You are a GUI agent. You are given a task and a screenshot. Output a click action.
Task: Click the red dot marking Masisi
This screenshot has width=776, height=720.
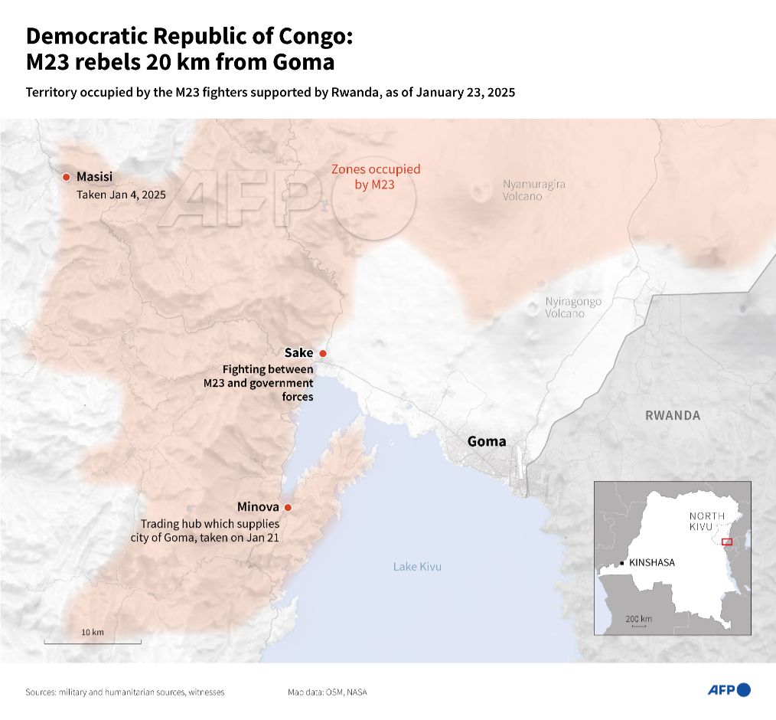(67, 177)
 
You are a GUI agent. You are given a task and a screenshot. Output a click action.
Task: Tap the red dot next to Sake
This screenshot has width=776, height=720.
(323, 353)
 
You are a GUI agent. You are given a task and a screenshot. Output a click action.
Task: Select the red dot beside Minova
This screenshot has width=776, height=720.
(288, 507)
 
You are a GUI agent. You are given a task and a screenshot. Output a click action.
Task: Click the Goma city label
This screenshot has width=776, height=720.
(486, 441)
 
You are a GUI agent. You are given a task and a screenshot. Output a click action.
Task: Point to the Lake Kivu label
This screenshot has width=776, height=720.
(417, 567)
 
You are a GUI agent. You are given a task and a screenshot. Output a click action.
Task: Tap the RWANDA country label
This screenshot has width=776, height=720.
(672, 415)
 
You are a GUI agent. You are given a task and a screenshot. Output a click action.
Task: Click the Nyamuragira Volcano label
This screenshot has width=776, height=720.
(533, 190)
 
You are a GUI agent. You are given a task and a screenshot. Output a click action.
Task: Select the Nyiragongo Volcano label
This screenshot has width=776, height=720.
(573, 307)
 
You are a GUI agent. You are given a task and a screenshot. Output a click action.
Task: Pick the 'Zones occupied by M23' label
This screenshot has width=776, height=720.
(375, 177)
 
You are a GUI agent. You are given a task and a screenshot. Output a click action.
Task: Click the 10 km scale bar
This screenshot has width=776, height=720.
(92, 641)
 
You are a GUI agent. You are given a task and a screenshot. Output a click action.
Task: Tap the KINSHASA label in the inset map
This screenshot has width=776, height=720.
(651, 563)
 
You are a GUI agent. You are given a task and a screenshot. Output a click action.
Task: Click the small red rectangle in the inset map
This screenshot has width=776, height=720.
(726, 542)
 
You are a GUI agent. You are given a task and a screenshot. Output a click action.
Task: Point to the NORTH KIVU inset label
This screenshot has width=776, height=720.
(706, 522)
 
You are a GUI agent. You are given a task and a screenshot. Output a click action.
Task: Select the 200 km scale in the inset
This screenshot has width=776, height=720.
(637, 620)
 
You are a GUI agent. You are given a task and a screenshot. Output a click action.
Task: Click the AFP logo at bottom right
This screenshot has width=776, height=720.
(728, 690)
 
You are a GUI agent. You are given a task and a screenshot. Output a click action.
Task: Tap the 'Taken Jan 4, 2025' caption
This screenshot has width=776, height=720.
(121, 195)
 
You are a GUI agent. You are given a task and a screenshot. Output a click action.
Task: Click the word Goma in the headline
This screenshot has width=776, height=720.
(302, 61)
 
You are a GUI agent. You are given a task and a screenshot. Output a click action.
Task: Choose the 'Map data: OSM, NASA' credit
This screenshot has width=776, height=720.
(327, 692)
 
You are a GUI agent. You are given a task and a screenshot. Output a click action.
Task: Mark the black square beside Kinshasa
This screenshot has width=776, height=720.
(622, 563)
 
